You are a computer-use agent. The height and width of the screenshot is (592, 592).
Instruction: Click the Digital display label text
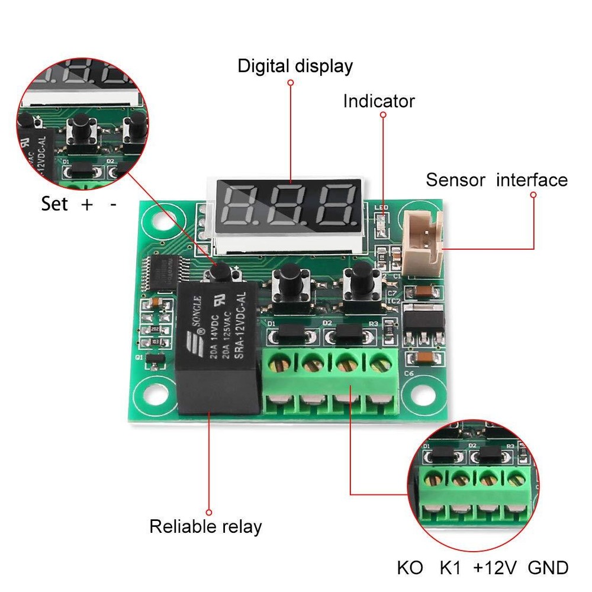[295, 66]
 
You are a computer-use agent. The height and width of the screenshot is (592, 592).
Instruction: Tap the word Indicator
[379, 101]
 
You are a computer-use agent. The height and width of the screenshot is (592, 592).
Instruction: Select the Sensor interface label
[497, 179]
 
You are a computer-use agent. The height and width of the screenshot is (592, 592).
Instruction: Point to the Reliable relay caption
[205, 526]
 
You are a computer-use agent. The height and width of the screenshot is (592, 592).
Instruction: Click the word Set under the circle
[54, 204]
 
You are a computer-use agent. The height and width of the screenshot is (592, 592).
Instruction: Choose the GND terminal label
[548, 568]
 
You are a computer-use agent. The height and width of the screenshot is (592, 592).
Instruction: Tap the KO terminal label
[410, 568]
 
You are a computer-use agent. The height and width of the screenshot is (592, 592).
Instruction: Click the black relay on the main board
[218, 349]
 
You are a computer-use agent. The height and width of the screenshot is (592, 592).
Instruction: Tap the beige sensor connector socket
[422, 242]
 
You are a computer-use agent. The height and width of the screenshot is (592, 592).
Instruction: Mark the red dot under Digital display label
[291, 83]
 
